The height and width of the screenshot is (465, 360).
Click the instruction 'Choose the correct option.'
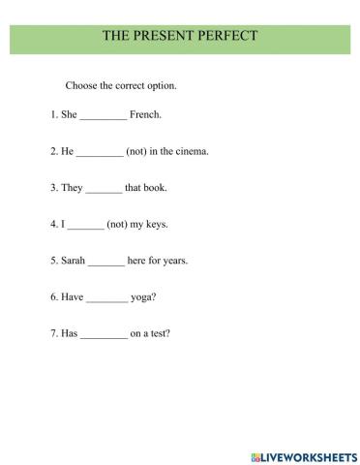[x=121, y=85]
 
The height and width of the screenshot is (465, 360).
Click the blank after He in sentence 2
[x=99, y=152]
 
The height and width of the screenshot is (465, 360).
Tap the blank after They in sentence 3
[x=104, y=189]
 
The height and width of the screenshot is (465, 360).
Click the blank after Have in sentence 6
[x=106, y=299]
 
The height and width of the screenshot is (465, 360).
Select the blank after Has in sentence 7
[x=104, y=336]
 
